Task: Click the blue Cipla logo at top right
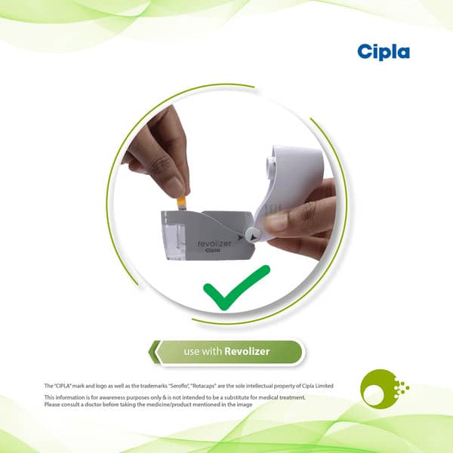pos(384,51)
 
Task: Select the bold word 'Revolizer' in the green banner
pos(247,351)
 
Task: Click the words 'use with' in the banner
pos(202,351)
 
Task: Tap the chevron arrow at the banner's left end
pos(156,352)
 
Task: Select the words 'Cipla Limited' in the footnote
pos(315,386)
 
